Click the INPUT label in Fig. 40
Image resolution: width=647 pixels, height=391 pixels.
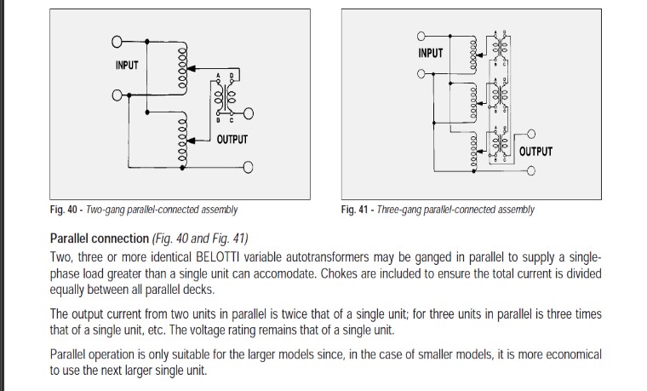coord(126,66)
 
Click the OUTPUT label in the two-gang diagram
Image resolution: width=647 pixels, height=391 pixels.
coord(231,140)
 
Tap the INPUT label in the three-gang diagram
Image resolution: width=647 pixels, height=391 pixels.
coord(431,53)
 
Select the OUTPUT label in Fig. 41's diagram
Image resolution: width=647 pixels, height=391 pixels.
coord(535,152)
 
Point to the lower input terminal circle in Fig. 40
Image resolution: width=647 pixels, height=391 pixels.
coord(116,94)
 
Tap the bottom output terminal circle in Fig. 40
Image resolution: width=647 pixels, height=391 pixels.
coord(248,166)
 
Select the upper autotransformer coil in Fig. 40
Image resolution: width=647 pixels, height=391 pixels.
coord(180,66)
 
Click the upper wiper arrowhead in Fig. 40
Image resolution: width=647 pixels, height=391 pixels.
coord(191,68)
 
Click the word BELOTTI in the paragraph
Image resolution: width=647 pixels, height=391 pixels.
coord(224,256)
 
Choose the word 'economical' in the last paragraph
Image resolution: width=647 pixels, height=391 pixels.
coord(570,354)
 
